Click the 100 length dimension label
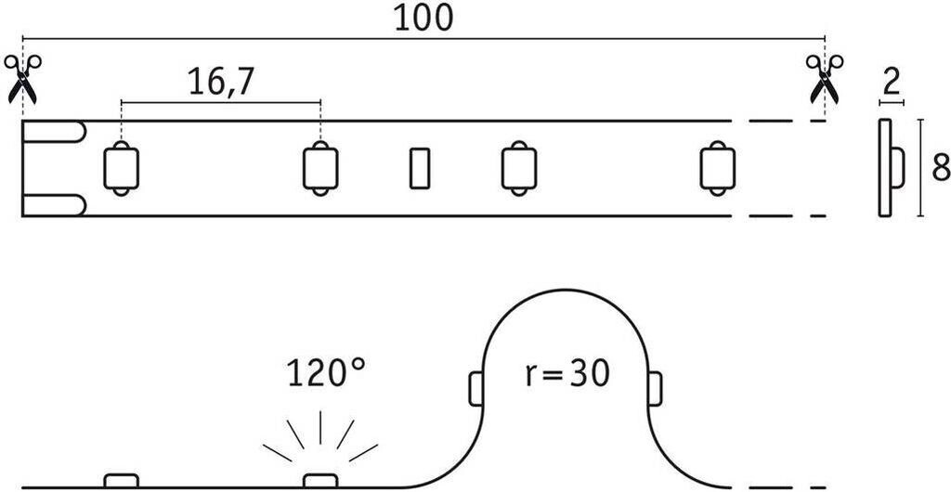tap(423, 19)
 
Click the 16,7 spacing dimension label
tap(221, 83)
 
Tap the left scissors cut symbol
tap(22, 78)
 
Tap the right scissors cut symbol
tap(824, 78)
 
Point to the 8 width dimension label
tap(940, 168)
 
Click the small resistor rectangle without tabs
tap(420, 168)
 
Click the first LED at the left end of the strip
tap(121, 168)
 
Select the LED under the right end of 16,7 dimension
tap(320, 168)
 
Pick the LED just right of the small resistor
tap(517, 168)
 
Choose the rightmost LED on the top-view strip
tap(715, 168)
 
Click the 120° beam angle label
tap(326, 375)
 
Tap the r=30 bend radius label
tap(565, 373)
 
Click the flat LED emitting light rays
tap(321, 480)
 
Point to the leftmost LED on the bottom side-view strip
tap(121, 480)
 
